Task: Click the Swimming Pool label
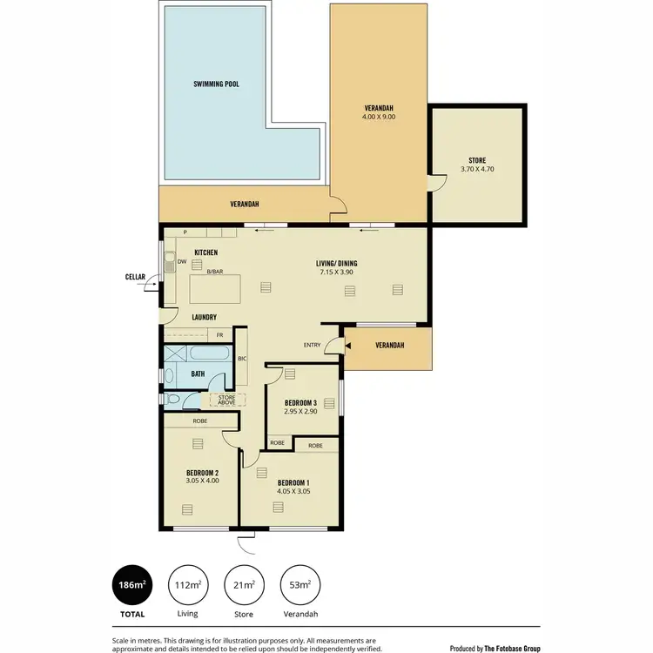point(216,84)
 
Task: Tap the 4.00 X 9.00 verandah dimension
point(380,116)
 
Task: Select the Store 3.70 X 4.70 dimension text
point(477,169)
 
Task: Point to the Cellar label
point(135,277)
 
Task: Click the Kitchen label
point(205,252)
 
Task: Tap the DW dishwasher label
point(181,261)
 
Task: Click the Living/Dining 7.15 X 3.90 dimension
point(336,273)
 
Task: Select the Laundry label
point(204,317)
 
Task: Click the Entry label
point(312,345)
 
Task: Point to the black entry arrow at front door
point(347,346)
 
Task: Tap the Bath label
point(198,374)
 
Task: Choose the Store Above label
point(226,401)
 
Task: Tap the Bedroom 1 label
point(293,482)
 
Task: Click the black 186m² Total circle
point(131,586)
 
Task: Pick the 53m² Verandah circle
point(299,586)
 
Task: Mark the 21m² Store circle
point(243,586)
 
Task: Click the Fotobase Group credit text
point(495,648)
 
